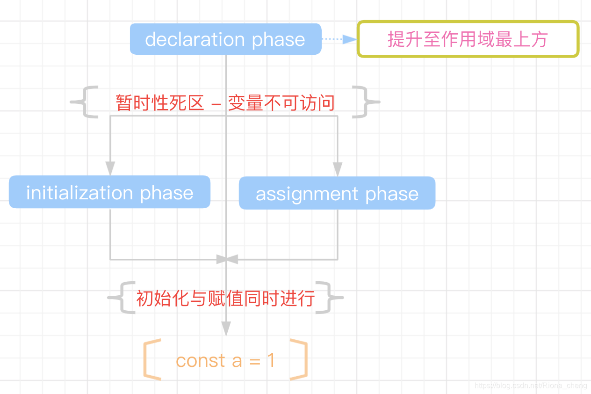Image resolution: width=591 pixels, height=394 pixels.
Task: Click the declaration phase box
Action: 225,39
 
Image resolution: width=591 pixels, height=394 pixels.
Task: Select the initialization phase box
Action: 109,192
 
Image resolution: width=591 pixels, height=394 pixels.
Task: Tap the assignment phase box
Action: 337,193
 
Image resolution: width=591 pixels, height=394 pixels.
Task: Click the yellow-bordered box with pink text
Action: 468,39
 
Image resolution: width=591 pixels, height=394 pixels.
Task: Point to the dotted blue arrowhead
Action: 349,39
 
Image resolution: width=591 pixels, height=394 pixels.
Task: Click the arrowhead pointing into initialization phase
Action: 110,168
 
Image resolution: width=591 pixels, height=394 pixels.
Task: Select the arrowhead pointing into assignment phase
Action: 338,169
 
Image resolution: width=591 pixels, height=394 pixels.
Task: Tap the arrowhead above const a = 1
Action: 226,328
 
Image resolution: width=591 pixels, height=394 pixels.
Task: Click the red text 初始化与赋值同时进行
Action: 225,298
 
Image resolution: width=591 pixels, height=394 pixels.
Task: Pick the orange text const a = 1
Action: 225,360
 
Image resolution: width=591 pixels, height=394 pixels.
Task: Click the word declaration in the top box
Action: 195,39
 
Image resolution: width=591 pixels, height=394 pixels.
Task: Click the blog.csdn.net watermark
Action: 531,386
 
